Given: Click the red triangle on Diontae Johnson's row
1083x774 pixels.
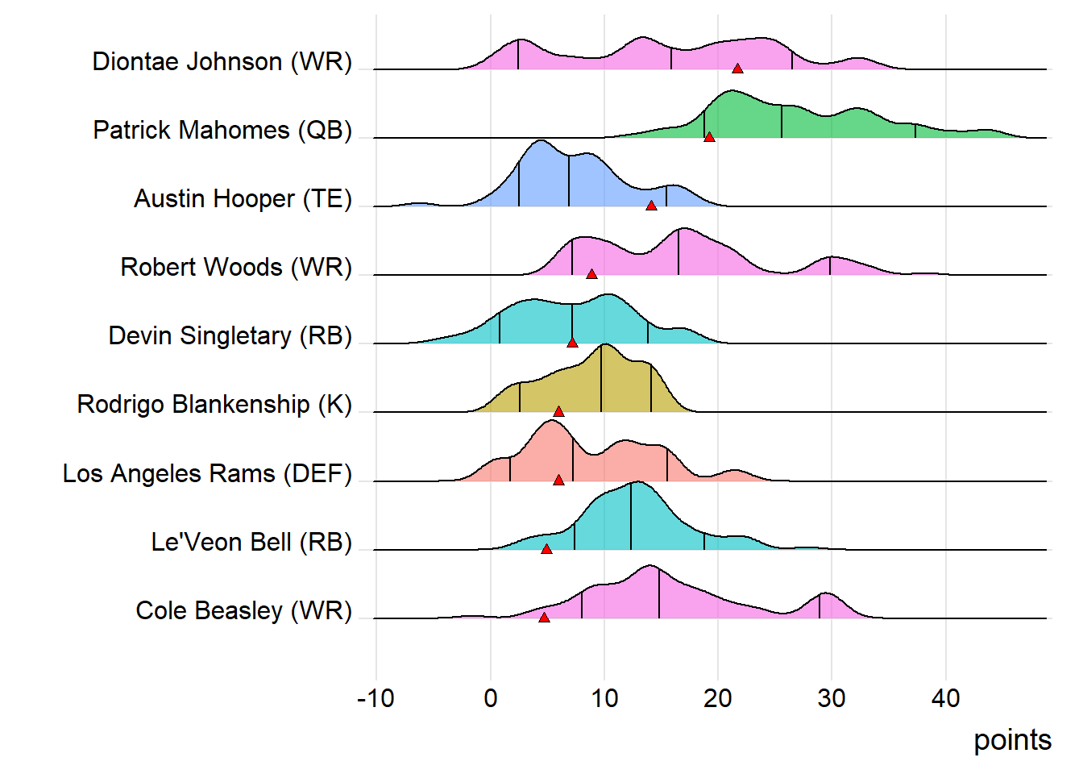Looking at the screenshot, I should point(737,69).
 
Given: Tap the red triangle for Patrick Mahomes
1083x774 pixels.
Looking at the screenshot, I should point(709,137).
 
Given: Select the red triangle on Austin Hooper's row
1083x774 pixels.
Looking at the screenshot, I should point(651,206).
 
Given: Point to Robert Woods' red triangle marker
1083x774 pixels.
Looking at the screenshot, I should point(591,274).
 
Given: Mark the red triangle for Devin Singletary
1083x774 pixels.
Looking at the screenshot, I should point(572,343).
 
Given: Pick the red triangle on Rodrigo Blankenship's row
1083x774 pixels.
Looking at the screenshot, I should point(558,411).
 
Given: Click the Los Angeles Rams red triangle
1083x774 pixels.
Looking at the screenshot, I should point(558,480).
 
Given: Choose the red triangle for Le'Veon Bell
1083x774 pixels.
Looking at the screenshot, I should point(546,549).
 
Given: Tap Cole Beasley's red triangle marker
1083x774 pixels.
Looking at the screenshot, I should point(544,618).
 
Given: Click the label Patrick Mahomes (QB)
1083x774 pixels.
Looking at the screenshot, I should point(222,130).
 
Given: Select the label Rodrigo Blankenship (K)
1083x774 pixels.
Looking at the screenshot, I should point(214,404).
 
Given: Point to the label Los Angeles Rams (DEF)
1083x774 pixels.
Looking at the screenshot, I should point(207,473).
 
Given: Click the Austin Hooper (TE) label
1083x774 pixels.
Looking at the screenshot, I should point(243,198).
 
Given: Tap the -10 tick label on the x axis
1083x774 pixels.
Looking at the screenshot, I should point(376,698).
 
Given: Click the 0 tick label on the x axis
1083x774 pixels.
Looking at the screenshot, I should point(490,698).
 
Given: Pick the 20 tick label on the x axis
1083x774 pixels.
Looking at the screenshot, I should point(717,698).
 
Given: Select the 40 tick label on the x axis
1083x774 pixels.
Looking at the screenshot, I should point(945,698).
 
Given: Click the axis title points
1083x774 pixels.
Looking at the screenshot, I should point(1012,740).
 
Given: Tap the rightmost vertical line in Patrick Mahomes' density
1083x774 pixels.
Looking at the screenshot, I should point(915,131).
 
